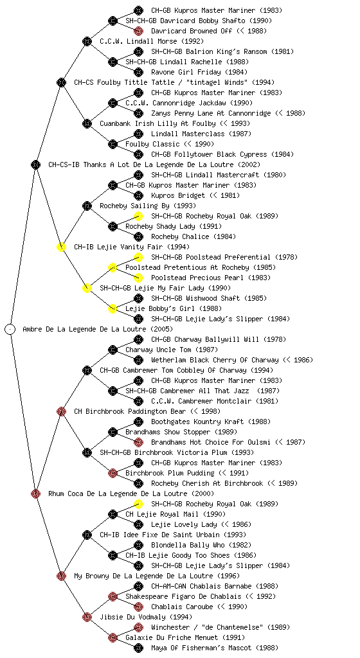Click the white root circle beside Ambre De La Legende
[x=10, y=329]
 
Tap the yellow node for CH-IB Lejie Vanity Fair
[x=61, y=247]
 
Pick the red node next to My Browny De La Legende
[x=61, y=576]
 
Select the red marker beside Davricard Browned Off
[x=138, y=31]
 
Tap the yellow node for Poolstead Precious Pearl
[x=138, y=278]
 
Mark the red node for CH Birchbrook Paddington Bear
[x=61, y=411]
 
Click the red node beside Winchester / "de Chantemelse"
[x=138, y=627]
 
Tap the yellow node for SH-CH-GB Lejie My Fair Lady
[x=87, y=288]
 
